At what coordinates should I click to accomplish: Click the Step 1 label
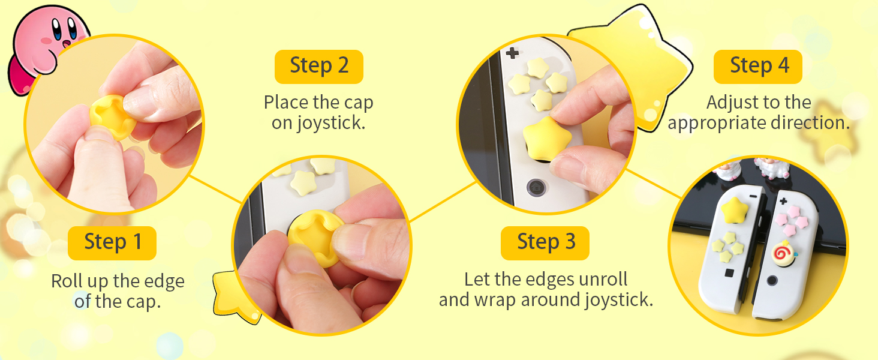tap(112, 242)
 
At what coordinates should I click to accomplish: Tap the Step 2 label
tap(318, 66)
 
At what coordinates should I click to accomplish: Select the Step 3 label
tap(545, 242)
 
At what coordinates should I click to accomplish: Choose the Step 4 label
tap(758, 66)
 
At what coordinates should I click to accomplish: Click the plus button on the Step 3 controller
tap(512, 53)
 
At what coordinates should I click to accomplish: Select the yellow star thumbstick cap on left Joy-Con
tap(732, 211)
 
